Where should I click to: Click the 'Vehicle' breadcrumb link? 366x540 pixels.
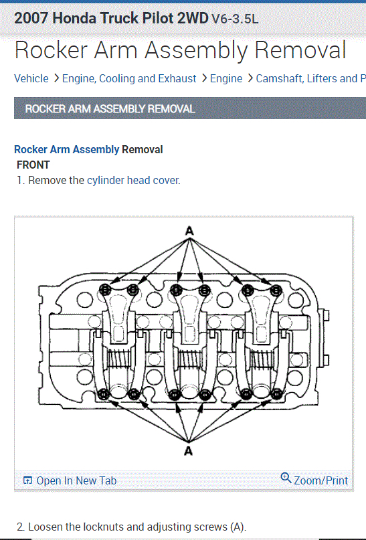point(31,78)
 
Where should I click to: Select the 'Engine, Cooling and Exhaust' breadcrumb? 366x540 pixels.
point(129,78)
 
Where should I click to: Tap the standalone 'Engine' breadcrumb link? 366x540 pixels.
point(226,78)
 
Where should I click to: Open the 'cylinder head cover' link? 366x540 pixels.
point(133,180)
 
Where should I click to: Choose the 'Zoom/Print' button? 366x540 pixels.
point(321,480)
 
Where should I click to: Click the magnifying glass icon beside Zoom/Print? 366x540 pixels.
point(286,478)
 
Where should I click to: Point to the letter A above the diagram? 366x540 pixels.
point(189,231)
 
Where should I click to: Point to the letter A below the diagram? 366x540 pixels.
point(188,450)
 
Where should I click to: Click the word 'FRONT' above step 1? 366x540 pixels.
point(33,165)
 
